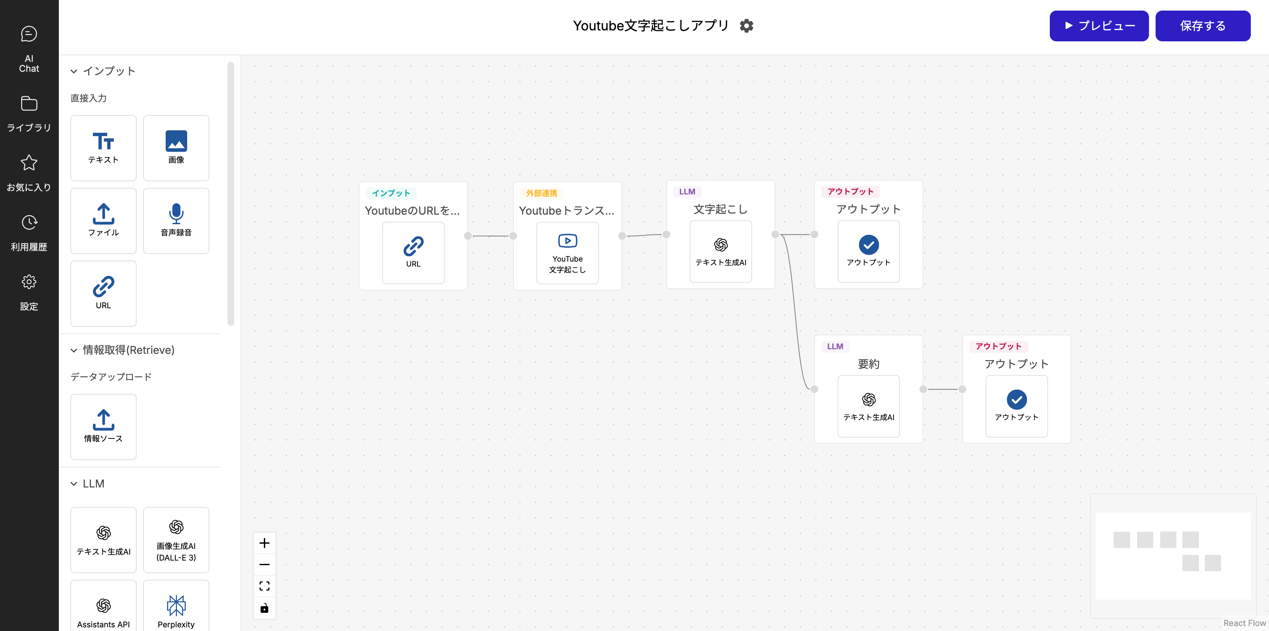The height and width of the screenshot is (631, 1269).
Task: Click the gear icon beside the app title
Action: [x=746, y=25]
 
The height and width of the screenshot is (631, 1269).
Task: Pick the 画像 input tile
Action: [x=176, y=148]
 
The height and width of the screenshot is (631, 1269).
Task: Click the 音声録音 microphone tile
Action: [x=176, y=220]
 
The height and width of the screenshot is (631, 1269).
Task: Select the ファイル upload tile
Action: [x=103, y=220]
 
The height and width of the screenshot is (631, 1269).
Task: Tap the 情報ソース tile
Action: [x=103, y=427]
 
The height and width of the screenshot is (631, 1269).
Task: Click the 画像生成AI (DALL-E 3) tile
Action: [x=176, y=539]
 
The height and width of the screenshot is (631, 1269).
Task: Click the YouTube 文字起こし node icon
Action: [x=567, y=241]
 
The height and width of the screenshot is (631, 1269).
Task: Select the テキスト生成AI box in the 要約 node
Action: [x=869, y=406]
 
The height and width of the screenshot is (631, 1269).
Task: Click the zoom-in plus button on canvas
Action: [x=265, y=543]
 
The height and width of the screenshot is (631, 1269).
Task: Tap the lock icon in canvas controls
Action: [x=265, y=608]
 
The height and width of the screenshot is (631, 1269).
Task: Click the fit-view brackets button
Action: [x=265, y=586]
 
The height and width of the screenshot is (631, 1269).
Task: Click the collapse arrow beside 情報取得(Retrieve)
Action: [x=74, y=350]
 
